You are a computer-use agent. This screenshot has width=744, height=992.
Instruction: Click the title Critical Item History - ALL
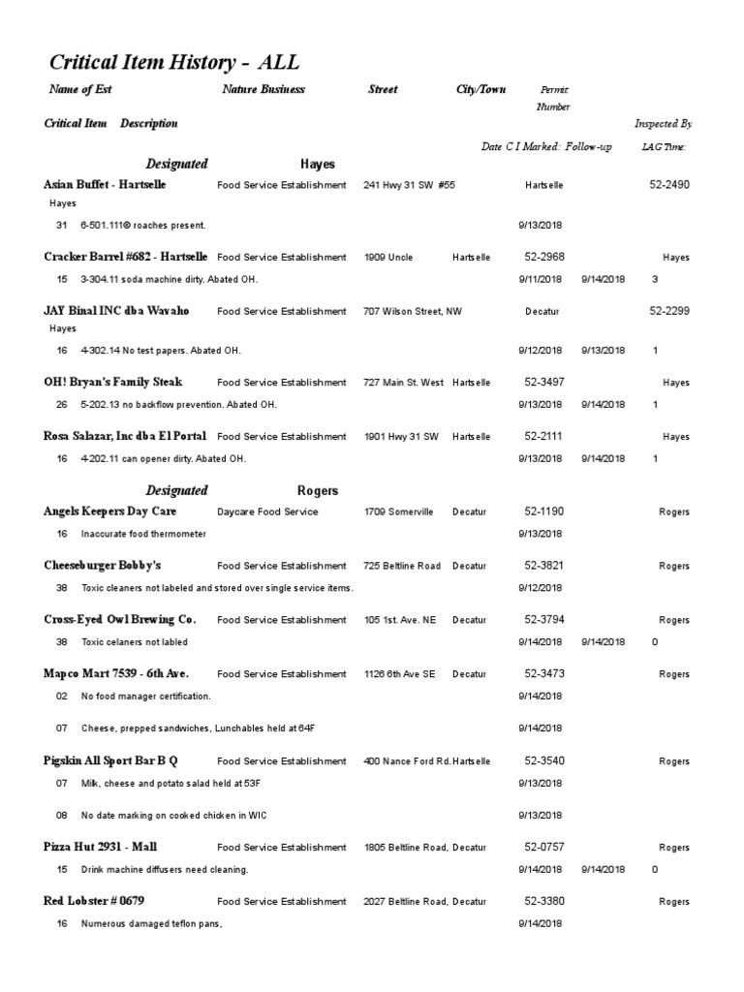[174, 64]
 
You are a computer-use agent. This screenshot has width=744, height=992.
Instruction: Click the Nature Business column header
[263, 89]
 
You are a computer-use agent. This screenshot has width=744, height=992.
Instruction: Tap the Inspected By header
[663, 124]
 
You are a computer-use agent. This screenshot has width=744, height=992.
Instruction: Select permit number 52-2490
[669, 184]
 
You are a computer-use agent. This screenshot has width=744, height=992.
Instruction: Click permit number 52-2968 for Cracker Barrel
[544, 258]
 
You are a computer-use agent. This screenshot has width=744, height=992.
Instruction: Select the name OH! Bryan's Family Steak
[113, 382]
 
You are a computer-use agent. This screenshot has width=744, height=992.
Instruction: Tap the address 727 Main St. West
[404, 383]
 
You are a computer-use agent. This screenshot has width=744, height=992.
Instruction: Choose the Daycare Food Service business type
[267, 511]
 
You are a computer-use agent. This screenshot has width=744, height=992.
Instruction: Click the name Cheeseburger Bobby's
[103, 566]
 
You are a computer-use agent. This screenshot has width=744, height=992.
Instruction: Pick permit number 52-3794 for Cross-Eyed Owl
[544, 620]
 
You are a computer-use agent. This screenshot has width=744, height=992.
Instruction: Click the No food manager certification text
[145, 696]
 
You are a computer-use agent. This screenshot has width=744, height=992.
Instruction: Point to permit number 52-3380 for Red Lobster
[544, 902]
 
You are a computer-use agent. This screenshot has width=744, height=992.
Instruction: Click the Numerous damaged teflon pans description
[152, 924]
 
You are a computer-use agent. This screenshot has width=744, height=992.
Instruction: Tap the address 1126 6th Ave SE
[400, 674]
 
